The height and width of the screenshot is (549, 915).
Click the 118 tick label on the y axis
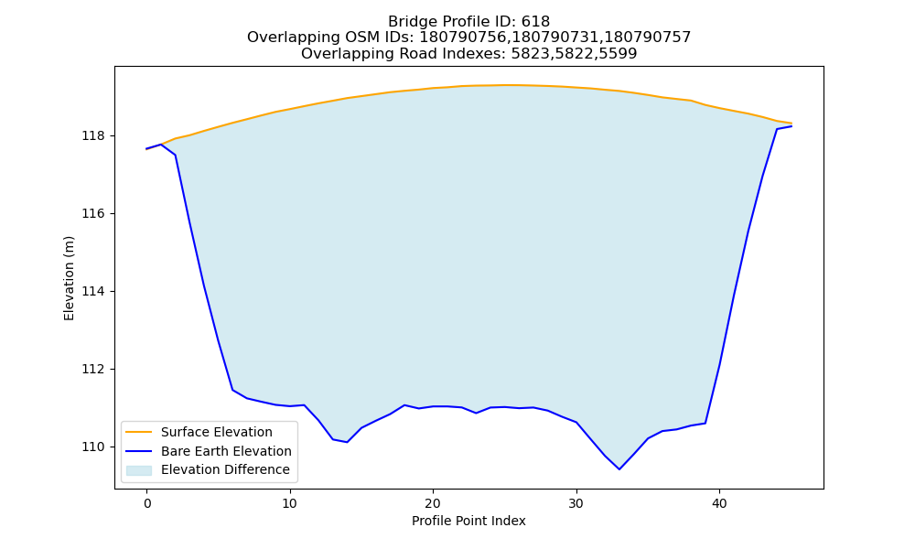coord(93,136)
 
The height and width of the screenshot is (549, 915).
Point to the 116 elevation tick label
coord(93,213)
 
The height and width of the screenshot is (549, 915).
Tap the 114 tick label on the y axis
coord(93,291)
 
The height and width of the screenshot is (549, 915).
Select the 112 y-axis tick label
coord(93,370)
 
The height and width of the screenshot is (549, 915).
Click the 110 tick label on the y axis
coord(93,447)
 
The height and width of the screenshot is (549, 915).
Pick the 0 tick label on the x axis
coord(146,503)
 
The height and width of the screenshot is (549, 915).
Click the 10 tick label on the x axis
coord(289,503)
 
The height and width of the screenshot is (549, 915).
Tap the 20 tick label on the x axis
coord(433,503)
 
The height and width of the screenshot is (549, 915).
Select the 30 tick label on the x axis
coord(576,503)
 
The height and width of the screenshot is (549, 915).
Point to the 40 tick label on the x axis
coord(719,503)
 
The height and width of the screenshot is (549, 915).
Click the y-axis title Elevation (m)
coord(69,278)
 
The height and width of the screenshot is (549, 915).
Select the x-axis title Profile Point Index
coord(468,521)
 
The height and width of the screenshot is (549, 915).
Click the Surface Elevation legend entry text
coord(217,432)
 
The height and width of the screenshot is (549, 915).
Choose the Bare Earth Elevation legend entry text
coord(226,451)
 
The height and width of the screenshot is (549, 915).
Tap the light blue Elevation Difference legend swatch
coord(139,470)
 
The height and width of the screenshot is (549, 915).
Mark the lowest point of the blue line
coord(619,469)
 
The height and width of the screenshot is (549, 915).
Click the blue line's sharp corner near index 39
coord(705,423)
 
